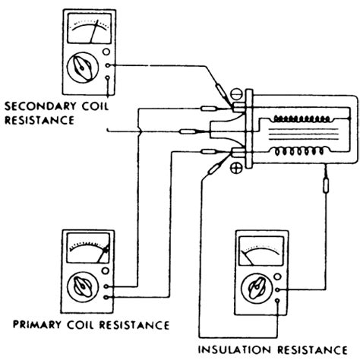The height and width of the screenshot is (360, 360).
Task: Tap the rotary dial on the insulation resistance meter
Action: pos(254,289)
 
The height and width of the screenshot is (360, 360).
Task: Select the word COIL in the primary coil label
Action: pos(83,324)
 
